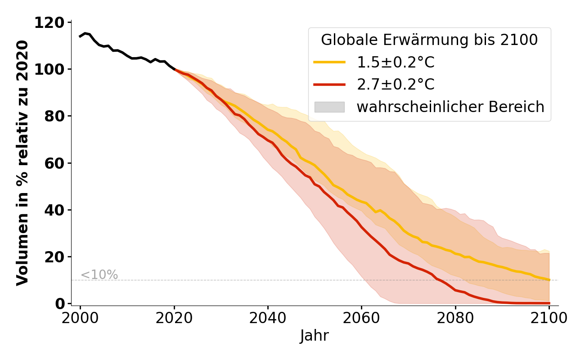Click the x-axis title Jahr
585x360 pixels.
[x=315, y=336]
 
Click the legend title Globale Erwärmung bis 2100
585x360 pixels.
[x=429, y=40]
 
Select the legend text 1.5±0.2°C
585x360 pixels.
[x=396, y=63]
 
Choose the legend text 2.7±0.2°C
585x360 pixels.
[x=396, y=85]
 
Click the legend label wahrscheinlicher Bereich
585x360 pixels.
[x=450, y=107]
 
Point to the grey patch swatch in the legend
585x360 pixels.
[x=329, y=107]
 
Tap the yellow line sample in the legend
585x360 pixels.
[x=329, y=63]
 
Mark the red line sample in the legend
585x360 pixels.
[x=329, y=85]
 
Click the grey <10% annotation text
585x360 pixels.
[x=99, y=275]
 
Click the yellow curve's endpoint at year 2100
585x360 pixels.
[x=549, y=280]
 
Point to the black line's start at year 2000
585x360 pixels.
[x=80, y=36]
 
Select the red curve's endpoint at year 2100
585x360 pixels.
[x=549, y=303]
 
